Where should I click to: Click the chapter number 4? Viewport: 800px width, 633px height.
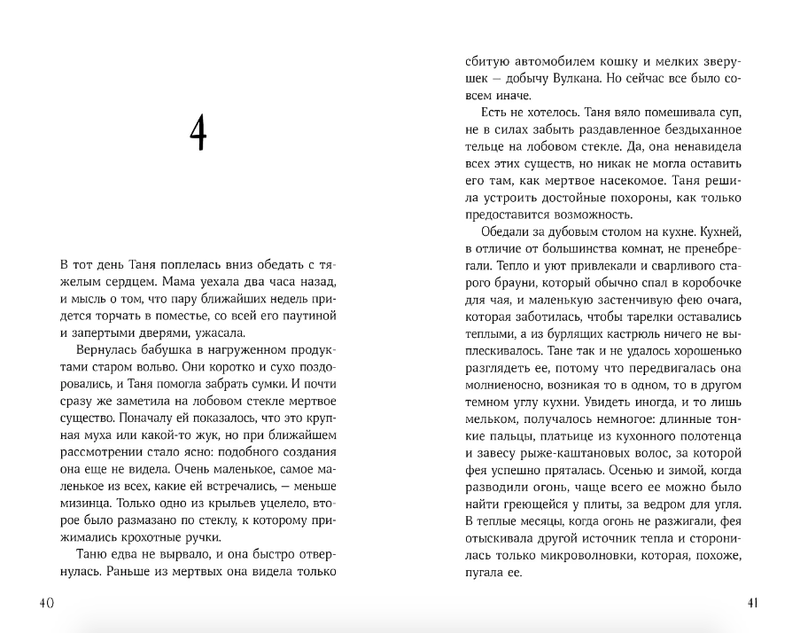coord(198,135)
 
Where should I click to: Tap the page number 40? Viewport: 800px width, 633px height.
coord(46,603)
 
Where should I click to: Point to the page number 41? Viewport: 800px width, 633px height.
coord(751,603)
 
